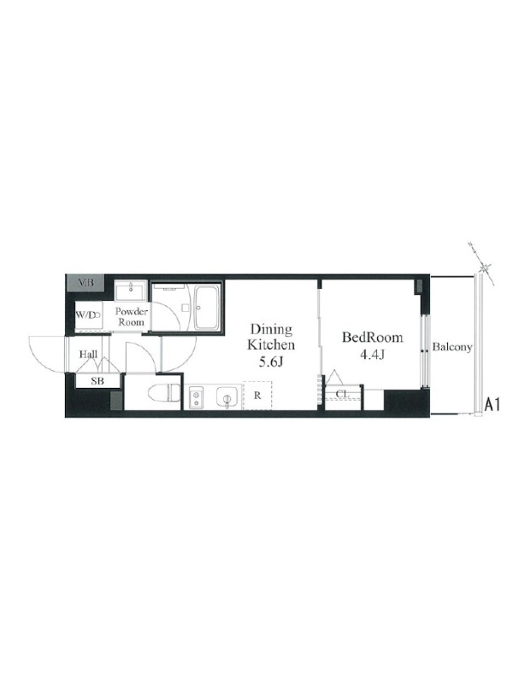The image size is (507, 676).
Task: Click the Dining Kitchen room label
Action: [271, 337]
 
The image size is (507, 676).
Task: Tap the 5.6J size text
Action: [270, 363]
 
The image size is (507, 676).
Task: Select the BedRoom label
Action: [373, 337]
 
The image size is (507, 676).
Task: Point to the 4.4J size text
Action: [373, 355]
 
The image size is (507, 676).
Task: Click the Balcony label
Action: [452, 347]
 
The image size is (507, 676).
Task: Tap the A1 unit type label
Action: [492, 405]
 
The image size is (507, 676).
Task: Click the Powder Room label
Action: [131, 316]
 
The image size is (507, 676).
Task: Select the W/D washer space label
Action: [87, 314]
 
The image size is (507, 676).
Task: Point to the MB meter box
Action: [85, 283]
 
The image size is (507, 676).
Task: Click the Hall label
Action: [89, 354]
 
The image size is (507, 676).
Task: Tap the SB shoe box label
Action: [97, 382]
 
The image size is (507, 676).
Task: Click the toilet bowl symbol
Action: [164, 392]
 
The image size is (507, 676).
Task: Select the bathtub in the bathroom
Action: [207, 308]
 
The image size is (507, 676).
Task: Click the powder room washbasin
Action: [131, 290]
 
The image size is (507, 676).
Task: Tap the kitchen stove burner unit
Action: [197, 397]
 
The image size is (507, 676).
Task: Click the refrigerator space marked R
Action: [258, 395]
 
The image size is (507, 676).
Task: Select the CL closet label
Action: [342, 394]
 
